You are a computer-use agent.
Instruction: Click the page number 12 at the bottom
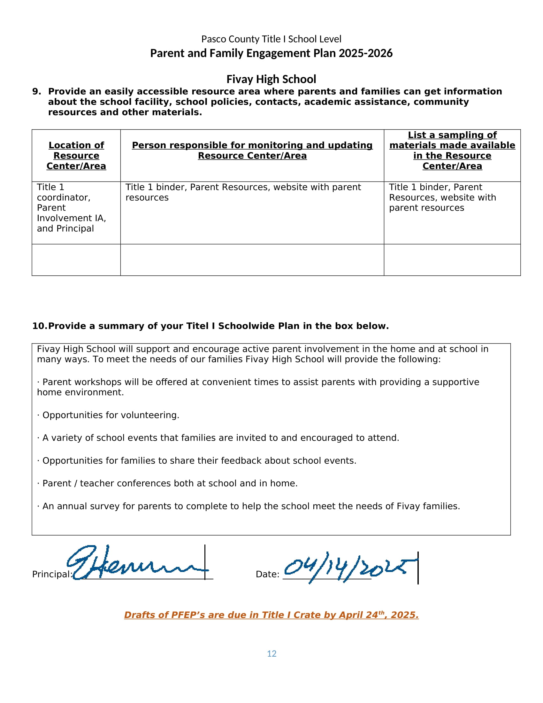tap(271, 653)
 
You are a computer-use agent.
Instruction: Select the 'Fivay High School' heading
tap(271, 79)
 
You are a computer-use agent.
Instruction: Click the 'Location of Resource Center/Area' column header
tap(76, 156)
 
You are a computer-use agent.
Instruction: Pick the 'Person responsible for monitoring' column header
tap(252, 150)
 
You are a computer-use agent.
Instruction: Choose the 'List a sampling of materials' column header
tap(452, 150)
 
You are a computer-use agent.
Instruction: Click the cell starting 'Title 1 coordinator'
tap(72, 208)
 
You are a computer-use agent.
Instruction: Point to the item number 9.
tap(36, 91)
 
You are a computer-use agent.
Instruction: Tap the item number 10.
tap(39, 326)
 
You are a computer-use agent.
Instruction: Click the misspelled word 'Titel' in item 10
tap(199, 326)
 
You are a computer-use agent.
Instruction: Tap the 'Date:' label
tap(267, 574)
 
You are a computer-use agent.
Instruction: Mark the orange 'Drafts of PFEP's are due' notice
tap(271, 615)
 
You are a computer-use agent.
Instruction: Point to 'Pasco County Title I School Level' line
tap(271, 39)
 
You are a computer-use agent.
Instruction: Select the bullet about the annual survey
tap(248, 506)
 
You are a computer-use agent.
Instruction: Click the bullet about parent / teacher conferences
tap(167, 483)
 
